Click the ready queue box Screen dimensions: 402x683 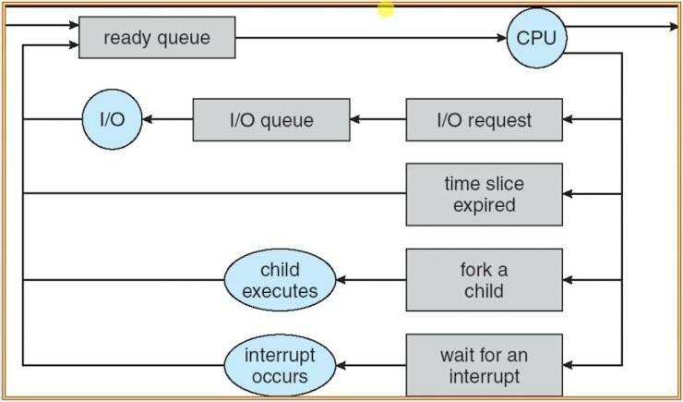[x=156, y=39]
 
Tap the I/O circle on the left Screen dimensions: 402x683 [x=115, y=120]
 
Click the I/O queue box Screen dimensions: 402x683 [x=270, y=120]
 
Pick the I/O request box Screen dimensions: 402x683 [x=484, y=120]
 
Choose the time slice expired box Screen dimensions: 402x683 [x=484, y=194]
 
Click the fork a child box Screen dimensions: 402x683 [x=484, y=279]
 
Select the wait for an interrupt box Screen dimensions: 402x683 [x=484, y=364]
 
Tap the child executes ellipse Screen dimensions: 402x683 [x=281, y=279]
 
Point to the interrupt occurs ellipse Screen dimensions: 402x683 [x=281, y=364]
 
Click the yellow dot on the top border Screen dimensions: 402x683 [x=386, y=9]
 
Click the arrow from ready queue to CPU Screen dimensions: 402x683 [x=369, y=39]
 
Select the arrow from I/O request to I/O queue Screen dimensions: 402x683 [x=377, y=120]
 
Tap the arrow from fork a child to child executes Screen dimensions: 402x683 [x=370, y=279]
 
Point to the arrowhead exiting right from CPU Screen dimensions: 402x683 [x=673, y=27]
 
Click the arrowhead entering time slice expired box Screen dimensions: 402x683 [x=569, y=194]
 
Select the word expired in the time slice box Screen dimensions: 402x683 [x=484, y=204]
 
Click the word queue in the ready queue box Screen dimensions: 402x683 [x=187, y=39]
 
